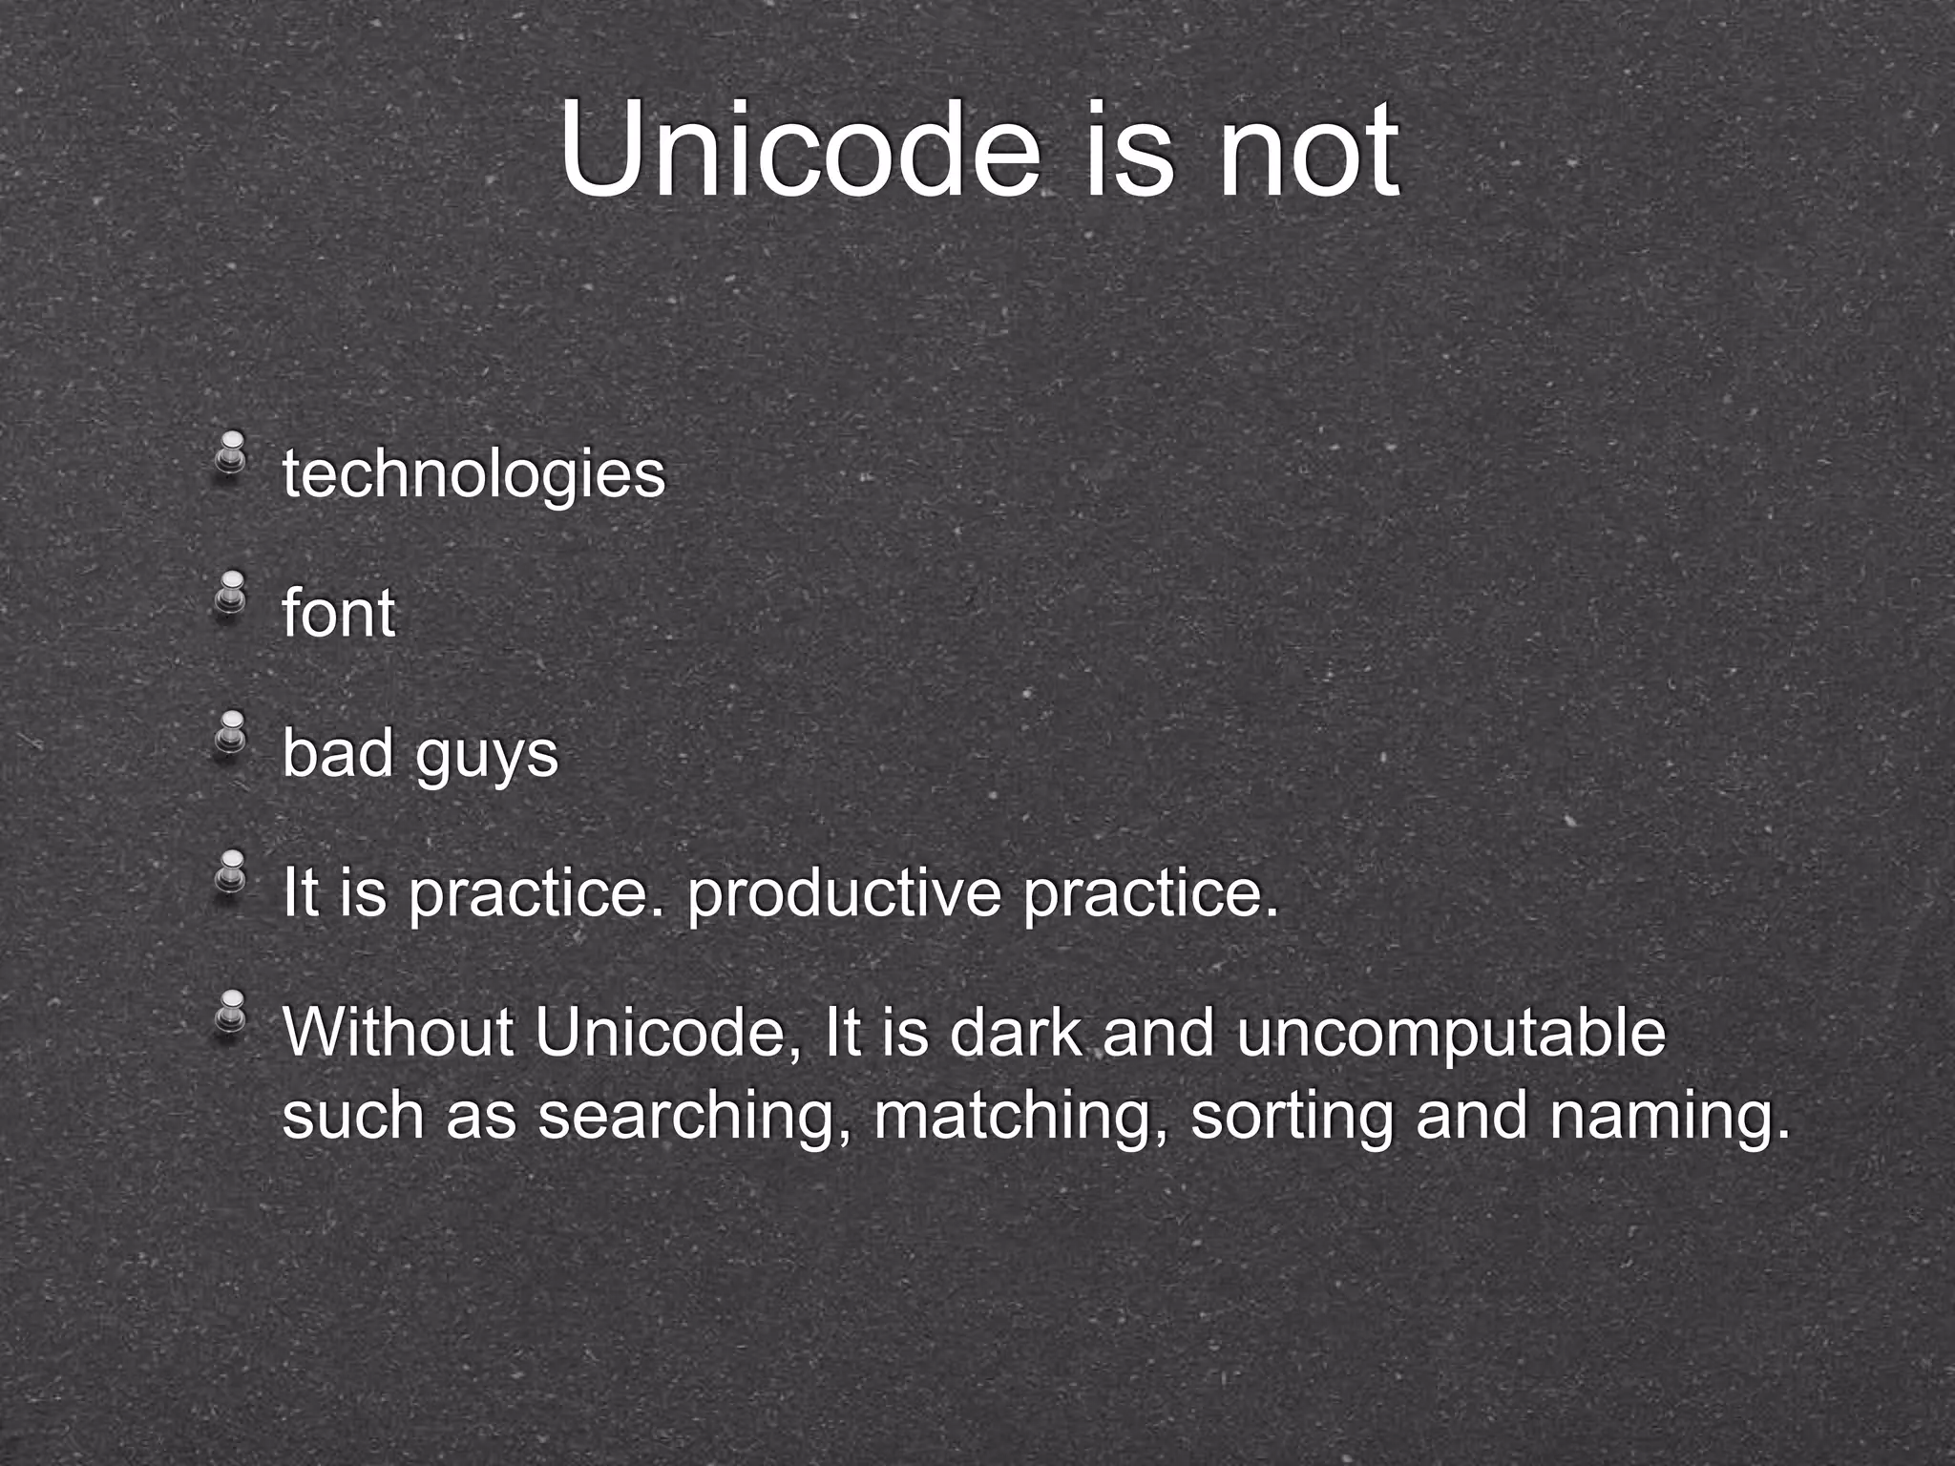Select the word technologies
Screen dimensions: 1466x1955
click(473, 474)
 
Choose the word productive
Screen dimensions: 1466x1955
click(844, 894)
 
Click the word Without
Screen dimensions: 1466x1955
click(398, 1033)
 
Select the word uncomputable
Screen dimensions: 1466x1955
click(1451, 1035)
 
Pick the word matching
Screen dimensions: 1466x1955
click(1014, 1117)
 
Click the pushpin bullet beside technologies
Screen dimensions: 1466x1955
click(230, 453)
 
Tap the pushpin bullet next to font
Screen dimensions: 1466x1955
click(230, 593)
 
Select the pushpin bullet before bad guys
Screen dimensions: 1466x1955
click(230, 732)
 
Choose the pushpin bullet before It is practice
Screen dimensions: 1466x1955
click(230, 872)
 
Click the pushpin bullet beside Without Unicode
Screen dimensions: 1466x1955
click(230, 1012)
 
